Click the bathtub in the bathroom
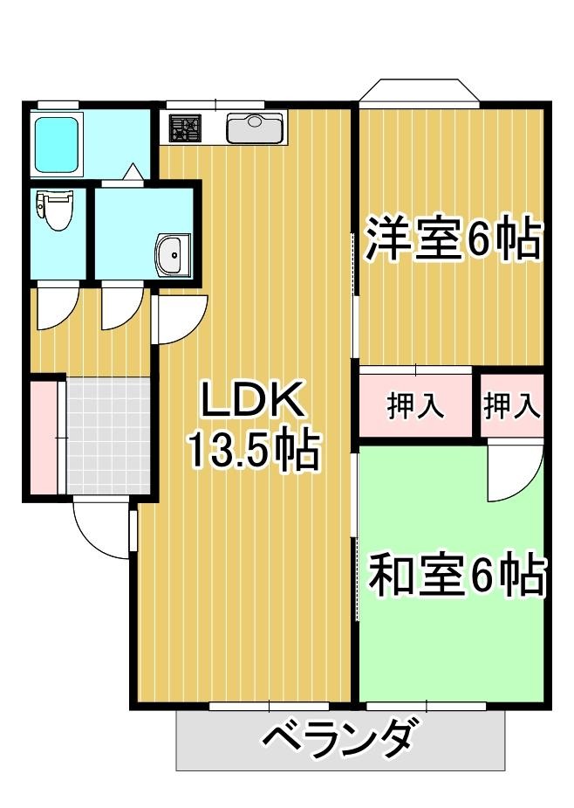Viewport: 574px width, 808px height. coord(54,142)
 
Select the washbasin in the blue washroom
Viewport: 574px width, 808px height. coord(171,254)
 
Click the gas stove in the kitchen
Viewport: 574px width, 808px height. coord(185,128)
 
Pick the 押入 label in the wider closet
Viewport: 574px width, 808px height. coord(415,406)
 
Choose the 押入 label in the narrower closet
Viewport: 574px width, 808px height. coord(511,406)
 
